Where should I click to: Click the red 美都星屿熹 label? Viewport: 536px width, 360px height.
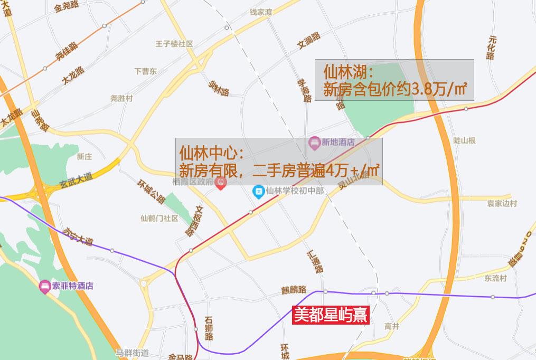pyautogui.click(x=330, y=316)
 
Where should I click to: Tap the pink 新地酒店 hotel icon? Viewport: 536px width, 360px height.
pyautogui.click(x=315, y=142)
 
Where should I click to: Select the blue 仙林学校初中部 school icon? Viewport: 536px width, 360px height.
pyautogui.click(x=258, y=191)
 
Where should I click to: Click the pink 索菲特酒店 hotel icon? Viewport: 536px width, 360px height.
pyautogui.click(x=45, y=287)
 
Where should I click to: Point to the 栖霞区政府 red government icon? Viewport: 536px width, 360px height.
pyautogui.click(x=221, y=183)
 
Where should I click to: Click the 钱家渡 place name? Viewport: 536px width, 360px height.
pyautogui.click(x=260, y=12)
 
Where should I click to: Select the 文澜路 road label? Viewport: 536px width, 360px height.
pyautogui.click(x=309, y=43)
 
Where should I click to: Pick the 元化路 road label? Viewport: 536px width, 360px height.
pyautogui.click(x=492, y=48)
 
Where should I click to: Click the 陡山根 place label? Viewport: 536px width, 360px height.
pyautogui.click(x=465, y=140)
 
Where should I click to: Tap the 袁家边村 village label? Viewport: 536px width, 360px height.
pyautogui.click(x=502, y=204)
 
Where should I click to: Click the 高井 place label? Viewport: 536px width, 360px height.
pyautogui.click(x=392, y=326)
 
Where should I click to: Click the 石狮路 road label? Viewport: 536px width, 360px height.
pyautogui.click(x=209, y=327)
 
